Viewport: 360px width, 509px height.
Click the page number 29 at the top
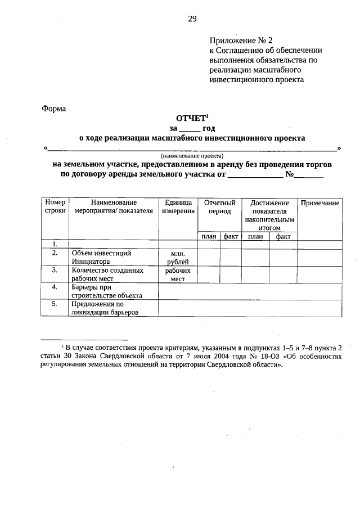pos(192,19)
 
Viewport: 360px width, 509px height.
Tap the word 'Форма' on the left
pos(54,109)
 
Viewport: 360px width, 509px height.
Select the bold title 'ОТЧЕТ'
pos(192,118)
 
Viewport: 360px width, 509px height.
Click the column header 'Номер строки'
pos(55,206)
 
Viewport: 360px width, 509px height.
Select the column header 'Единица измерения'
pos(178,206)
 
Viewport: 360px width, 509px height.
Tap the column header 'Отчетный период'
pos(219,206)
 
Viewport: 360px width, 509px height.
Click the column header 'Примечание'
pos(319,202)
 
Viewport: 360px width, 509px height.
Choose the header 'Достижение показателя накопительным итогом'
pos(269,214)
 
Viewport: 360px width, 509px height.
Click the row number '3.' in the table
pos(55,270)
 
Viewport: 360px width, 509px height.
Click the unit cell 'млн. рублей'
pos(178,258)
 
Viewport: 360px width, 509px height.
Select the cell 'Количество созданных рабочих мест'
pos(107,274)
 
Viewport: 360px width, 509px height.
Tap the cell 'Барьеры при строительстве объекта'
pos(106,291)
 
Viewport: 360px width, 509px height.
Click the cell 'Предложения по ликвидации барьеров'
pos(105,308)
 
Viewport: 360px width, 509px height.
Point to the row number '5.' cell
pos(55,304)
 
